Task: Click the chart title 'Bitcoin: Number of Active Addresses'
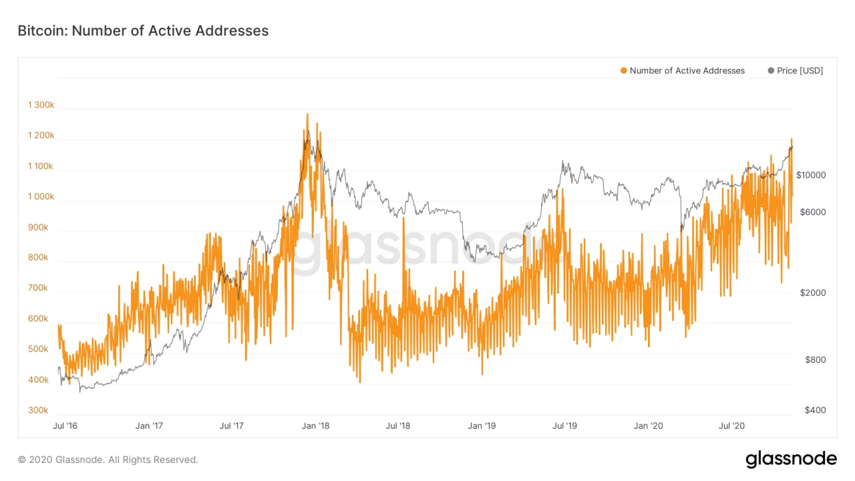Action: point(143,31)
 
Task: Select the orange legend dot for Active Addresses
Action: point(624,71)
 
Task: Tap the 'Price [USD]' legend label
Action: point(800,71)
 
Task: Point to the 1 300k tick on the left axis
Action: point(41,105)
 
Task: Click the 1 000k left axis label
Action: point(41,196)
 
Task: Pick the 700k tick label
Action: point(37,288)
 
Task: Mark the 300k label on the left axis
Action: point(37,410)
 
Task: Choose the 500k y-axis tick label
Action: point(37,349)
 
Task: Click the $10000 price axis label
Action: point(813,175)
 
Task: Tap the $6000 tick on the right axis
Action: point(813,212)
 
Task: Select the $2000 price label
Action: point(813,293)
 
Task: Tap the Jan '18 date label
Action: point(315,426)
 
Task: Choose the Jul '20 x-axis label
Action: point(733,426)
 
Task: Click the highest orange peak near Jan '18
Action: point(307,115)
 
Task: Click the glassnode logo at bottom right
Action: point(791,460)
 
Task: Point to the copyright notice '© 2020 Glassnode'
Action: point(108,460)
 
